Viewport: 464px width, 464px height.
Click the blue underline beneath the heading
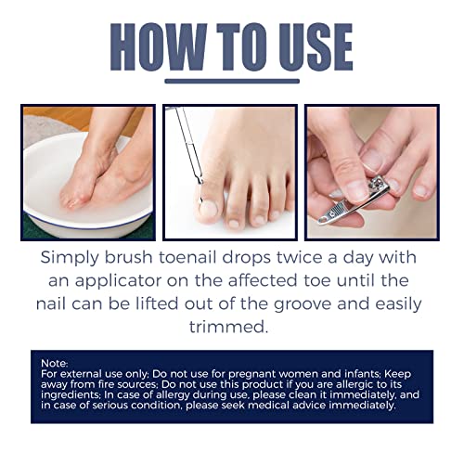click(x=231, y=81)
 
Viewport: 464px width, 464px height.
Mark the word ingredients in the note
click(x=75, y=394)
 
